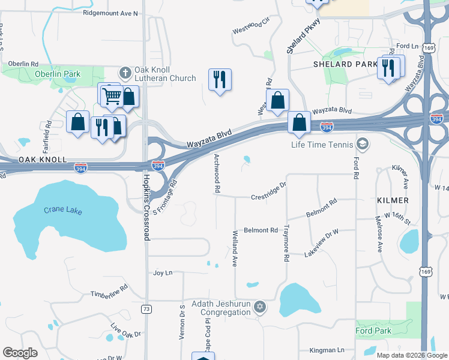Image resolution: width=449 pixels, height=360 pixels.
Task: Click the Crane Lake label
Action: click(x=62, y=211)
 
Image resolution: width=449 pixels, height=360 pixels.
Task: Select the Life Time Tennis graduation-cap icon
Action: click(x=362, y=144)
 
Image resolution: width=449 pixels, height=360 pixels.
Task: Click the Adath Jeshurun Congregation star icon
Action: click(x=259, y=308)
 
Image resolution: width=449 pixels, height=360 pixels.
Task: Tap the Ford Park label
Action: click(x=373, y=331)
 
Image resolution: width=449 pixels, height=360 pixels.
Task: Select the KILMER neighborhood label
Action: click(x=393, y=200)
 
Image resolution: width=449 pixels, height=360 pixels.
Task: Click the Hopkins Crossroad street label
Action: click(x=146, y=204)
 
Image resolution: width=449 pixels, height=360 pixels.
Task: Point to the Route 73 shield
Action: click(x=146, y=308)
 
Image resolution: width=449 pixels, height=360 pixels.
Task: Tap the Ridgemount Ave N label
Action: click(x=110, y=13)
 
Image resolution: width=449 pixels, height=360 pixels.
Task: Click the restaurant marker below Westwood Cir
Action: click(x=220, y=79)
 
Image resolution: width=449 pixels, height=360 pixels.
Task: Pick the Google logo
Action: click(x=20, y=353)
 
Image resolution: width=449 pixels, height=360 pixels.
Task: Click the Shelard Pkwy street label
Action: click(x=303, y=37)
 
